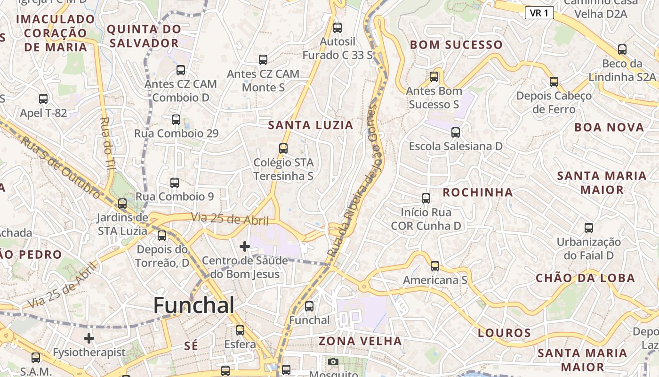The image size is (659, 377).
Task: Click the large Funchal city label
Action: coord(194,305)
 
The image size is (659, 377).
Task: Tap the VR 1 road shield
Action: coord(539,13)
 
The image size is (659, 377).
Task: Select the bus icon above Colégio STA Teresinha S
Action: coord(283,148)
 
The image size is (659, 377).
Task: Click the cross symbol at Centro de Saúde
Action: coord(245,246)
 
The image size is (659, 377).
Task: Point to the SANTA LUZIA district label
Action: coord(311,125)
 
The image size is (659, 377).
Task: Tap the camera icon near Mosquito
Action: coord(333,361)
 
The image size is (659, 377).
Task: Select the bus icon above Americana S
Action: coord(435,266)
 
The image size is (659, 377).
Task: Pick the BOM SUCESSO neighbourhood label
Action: coord(456,45)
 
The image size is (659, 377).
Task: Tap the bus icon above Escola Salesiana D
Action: coord(456,132)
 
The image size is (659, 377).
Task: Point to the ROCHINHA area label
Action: coord(477,192)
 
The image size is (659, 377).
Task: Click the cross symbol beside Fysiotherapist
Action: coord(89,338)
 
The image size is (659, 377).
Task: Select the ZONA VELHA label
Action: coord(361,341)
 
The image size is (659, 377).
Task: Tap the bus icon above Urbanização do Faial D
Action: coord(588,228)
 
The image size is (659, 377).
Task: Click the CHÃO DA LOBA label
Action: coord(585,278)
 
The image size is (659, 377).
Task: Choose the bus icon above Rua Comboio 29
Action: coord(176,119)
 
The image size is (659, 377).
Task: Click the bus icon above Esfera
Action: coord(240,330)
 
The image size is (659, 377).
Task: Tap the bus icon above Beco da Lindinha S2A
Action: coord(622,49)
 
